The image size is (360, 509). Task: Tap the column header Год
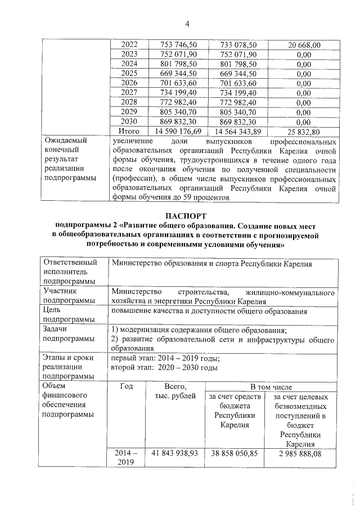pyautogui.click(x=127, y=386)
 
